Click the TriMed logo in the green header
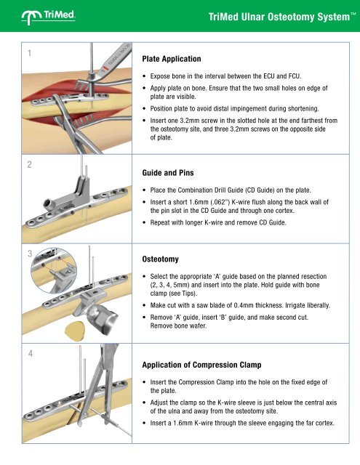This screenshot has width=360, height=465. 48,17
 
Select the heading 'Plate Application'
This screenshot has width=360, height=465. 172,59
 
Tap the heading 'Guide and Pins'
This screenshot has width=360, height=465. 168,173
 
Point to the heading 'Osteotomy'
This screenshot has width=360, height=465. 161,259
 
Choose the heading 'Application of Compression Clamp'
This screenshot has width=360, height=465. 201,365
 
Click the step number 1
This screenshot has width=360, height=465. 29,53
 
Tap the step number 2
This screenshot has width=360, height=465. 29,165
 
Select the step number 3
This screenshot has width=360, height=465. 30,254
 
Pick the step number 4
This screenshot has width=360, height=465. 31,354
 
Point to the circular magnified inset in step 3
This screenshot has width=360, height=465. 54,270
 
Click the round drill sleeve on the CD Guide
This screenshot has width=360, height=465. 49,203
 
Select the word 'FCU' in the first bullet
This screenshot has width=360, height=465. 295,76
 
